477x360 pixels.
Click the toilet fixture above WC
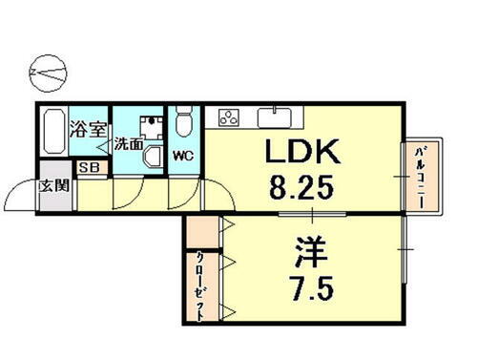click(184, 121)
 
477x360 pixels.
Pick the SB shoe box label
click(91, 168)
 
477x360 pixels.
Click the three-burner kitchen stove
click(230, 117)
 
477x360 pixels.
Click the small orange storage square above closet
click(201, 231)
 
